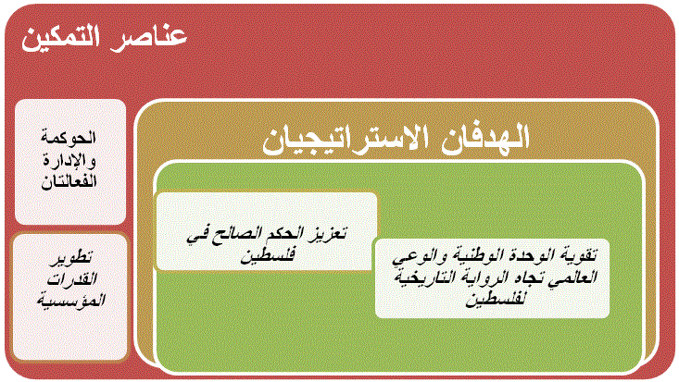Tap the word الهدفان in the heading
tap(485, 138)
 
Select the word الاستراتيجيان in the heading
tap(346, 140)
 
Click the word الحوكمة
tap(69, 138)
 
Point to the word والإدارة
tap(69, 160)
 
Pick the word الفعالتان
tap(69, 181)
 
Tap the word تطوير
tap(71, 258)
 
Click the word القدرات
tap(72, 279)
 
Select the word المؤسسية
tap(71, 301)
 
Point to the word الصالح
tap(236, 234)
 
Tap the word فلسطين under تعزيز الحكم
tap(268, 254)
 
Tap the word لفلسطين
tap(495, 300)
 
